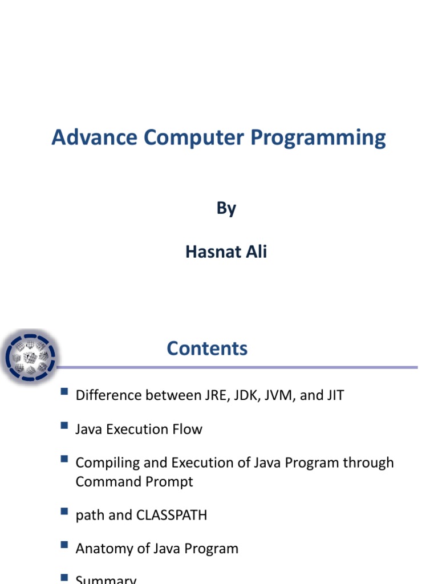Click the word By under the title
click(226, 209)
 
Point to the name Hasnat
click(210, 252)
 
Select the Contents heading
click(207, 348)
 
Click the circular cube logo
click(30, 358)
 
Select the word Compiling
click(106, 463)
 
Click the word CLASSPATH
click(172, 515)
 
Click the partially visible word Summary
click(106, 579)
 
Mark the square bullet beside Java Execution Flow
click(63, 425)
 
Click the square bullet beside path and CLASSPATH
click(63, 512)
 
